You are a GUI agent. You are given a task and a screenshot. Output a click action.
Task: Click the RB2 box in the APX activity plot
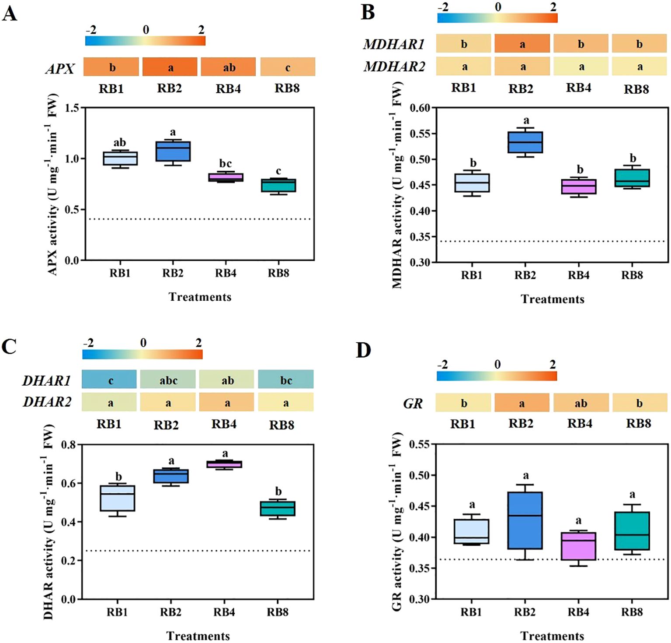173,151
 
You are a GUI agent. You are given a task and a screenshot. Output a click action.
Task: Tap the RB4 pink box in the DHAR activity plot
225,464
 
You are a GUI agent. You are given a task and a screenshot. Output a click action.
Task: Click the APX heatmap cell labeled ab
228,67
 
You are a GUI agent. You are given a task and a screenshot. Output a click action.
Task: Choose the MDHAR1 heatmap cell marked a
522,44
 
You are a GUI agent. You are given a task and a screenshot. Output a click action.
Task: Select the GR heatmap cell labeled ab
581,403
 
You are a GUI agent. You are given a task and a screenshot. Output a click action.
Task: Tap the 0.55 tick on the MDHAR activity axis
419,134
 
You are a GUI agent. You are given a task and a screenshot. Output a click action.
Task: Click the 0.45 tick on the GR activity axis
419,506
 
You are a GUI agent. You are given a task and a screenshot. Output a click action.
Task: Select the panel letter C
9,346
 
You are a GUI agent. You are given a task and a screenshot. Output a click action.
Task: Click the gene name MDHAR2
394,67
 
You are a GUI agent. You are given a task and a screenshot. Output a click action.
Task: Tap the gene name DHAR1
47,381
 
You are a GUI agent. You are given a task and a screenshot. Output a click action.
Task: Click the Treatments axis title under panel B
552,299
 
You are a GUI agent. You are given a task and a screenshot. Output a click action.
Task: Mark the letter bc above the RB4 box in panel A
226,164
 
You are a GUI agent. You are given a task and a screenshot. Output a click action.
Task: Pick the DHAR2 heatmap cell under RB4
226,402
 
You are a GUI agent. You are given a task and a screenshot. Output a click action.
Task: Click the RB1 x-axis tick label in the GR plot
471,612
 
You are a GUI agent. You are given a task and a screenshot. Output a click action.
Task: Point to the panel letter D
363,350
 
